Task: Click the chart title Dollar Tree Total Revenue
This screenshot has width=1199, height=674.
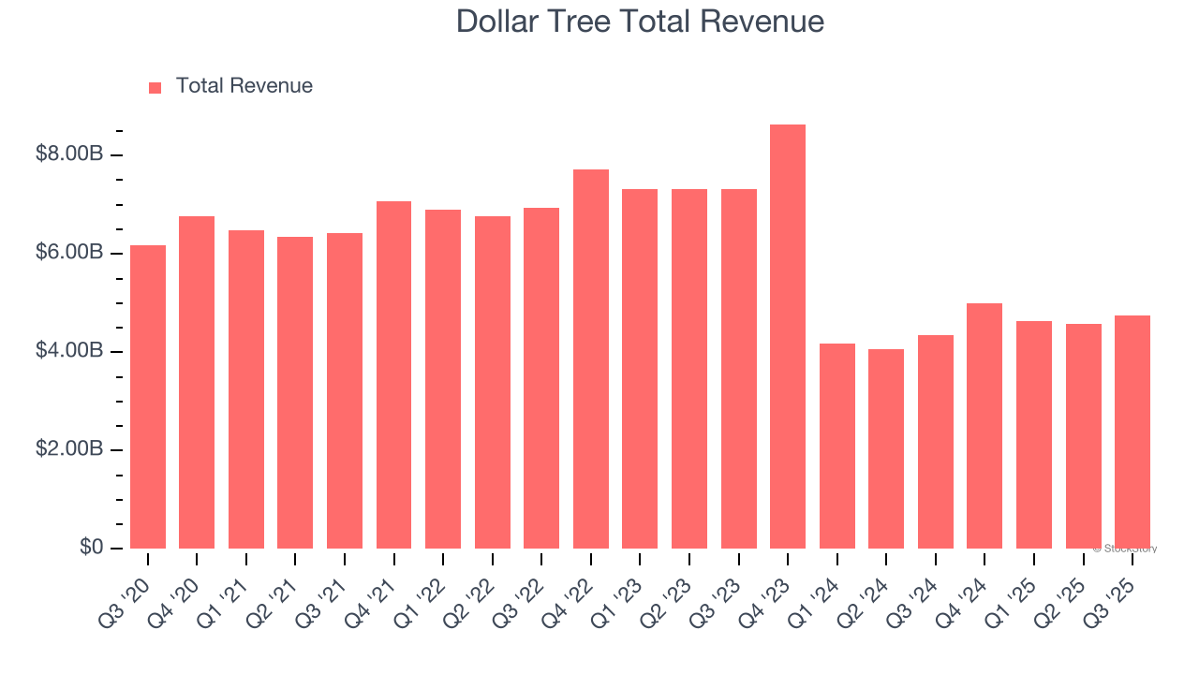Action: tap(640, 22)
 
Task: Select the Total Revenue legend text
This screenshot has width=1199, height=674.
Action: tap(244, 86)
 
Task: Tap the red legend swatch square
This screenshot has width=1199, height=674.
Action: tap(155, 87)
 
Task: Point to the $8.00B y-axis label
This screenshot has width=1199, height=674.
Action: tap(68, 154)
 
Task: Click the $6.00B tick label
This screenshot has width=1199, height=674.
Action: tap(68, 253)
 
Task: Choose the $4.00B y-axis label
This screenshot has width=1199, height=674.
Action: tap(68, 351)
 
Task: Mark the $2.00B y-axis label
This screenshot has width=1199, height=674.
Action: tap(68, 449)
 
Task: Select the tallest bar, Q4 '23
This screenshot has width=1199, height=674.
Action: tap(788, 337)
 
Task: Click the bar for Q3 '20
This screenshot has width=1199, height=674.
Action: tap(148, 397)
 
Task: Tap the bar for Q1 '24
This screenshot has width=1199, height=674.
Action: tap(836, 446)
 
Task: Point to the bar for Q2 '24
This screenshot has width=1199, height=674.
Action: tap(886, 448)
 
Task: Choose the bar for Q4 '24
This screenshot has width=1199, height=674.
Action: tap(984, 426)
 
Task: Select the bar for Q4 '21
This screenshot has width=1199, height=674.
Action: tap(393, 374)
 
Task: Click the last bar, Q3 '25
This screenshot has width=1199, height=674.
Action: tap(1132, 432)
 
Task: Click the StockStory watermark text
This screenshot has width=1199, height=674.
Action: tap(1124, 549)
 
